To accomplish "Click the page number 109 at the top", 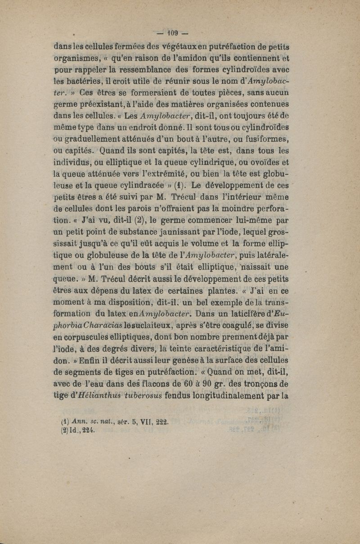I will (x=173, y=33).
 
